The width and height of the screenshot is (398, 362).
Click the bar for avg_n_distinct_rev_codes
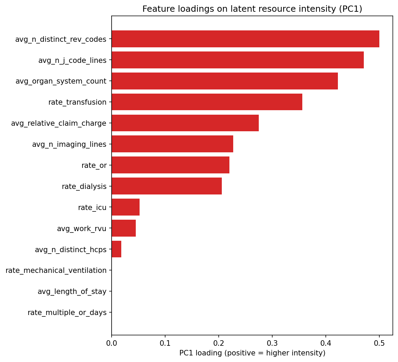pyautogui.click(x=245, y=39)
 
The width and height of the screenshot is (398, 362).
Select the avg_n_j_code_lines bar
pyautogui.click(x=238, y=60)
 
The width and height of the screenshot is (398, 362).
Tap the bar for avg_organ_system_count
pyautogui.click(x=225, y=81)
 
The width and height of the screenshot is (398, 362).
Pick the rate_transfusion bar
pyautogui.click(x=207, y=102)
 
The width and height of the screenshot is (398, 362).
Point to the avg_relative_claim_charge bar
pyautogui.click(x=185, y=123)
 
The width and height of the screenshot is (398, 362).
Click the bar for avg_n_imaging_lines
pyautogui.click(x=172, y=144)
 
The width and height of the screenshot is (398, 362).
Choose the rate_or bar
pyautogui.click(x=170, y=165)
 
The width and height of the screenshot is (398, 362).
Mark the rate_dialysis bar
pyautogui.click(x=167, y=186)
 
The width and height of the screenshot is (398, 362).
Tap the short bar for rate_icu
pyautogui.click(x=125, y=207)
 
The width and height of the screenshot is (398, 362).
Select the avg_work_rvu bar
pyautogui.click(x=124, y=228)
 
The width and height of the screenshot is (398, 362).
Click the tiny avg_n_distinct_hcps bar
pyautogui.click(x=116, y=249)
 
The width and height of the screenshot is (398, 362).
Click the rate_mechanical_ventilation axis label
pyautogui.click(x=56, y=270)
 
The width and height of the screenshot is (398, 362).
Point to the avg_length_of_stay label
pyautogui.click(x=72, y=292)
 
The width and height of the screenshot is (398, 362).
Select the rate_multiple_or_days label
pyautogui.click(x=67, y=313)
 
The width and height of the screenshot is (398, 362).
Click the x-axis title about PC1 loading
pyautogui.click(x=252, y=353)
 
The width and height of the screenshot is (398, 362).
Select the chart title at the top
pyautogui.click(x=252, y=9)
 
